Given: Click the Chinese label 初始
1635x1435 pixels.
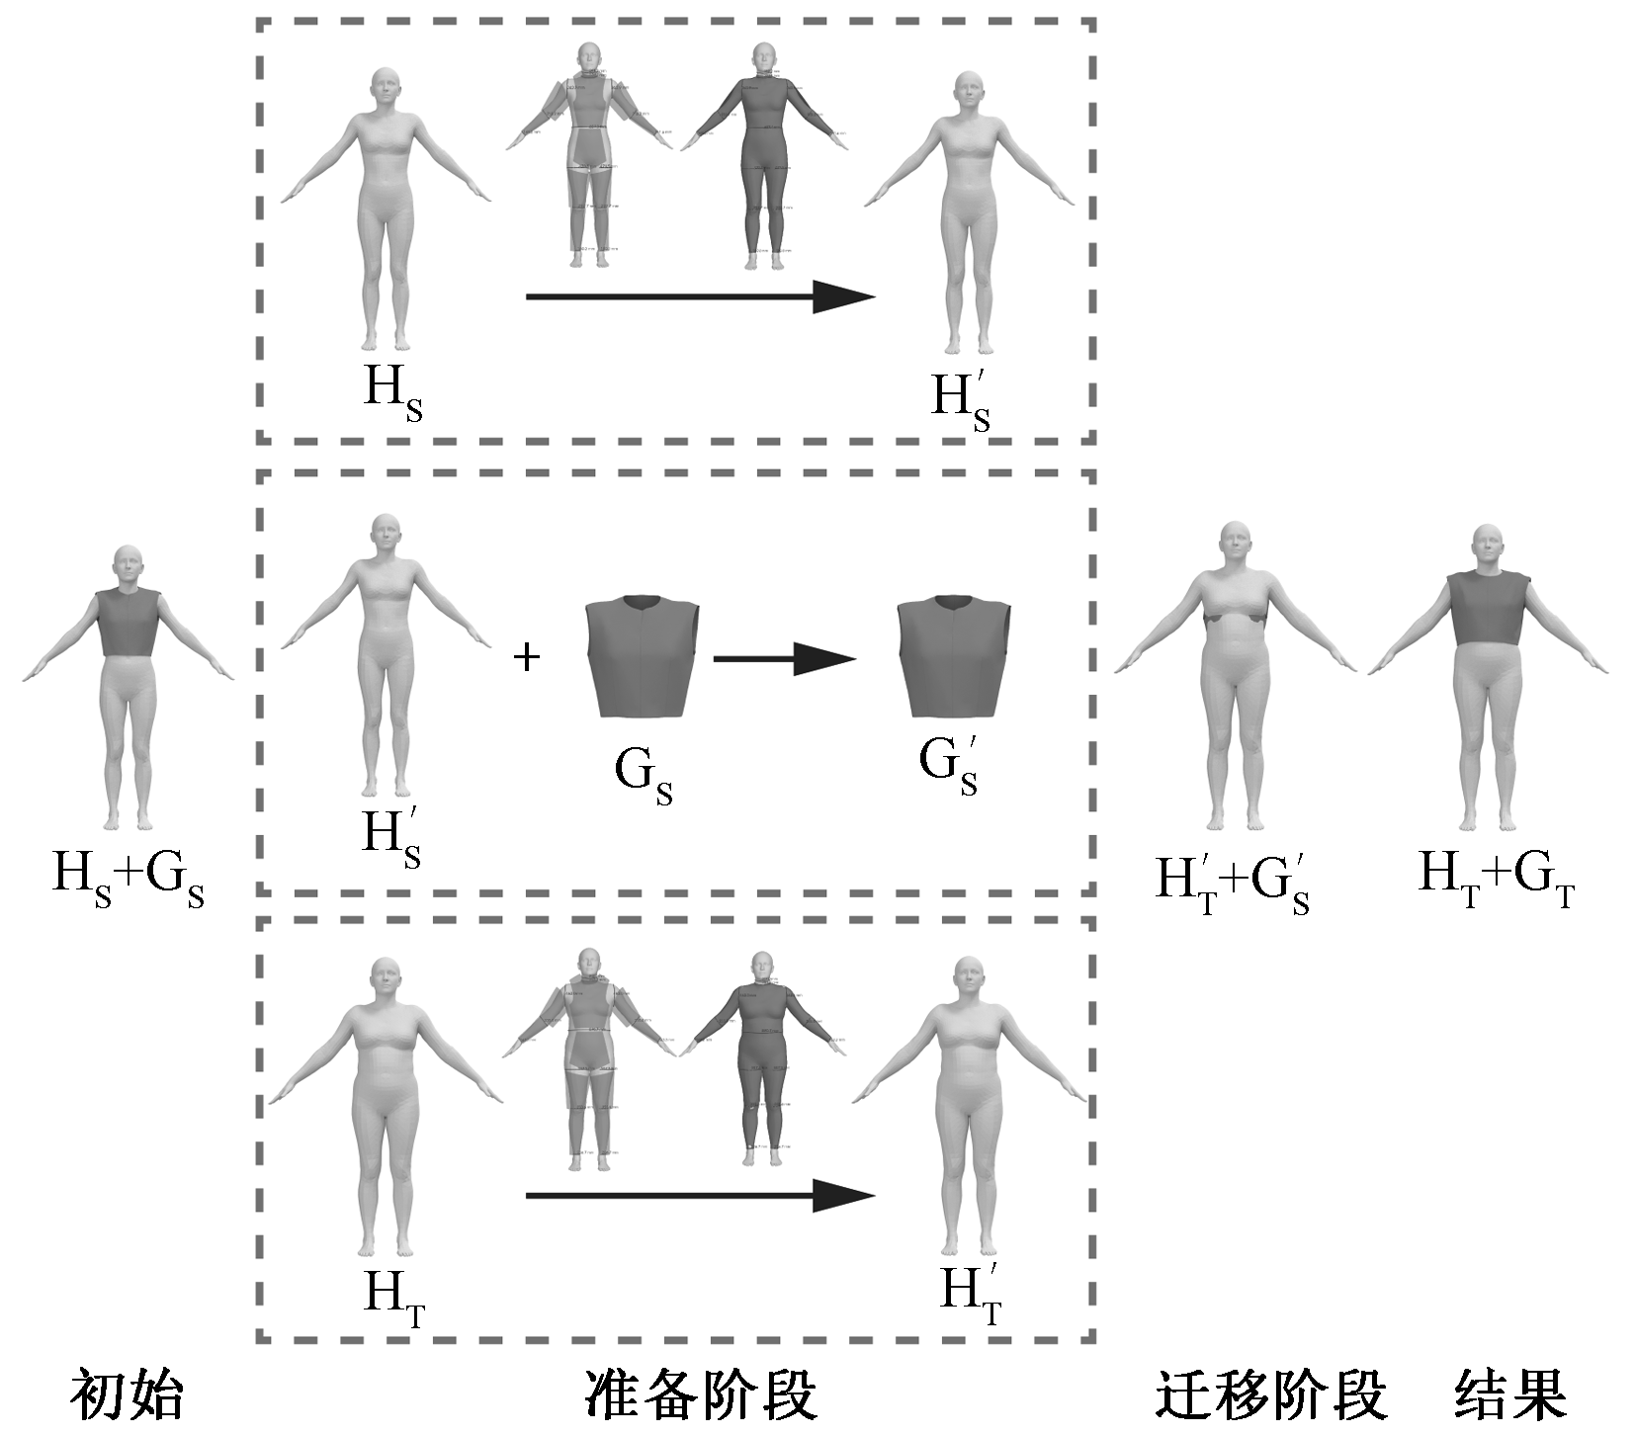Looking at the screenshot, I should pyautogui.click(x=127, y=1394).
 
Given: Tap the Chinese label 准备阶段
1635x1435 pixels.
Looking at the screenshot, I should pyautogui.click(x=701, y=1394).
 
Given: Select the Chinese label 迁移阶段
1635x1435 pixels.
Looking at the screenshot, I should pyautogui.click(x=1271, y=1394).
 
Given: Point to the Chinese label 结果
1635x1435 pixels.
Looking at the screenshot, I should pyautogui.click(x=1510, y=1394).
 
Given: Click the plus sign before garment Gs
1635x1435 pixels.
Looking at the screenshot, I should pyautogui.click(x=528, y=657).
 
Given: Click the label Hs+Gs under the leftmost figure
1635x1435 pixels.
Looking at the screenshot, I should pyautogui.click(x=129, y=878).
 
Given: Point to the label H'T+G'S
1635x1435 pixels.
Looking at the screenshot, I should pyautogui.click(x=1233, y=883).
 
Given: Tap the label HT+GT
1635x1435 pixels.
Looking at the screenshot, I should pyautogui.click(x=1496, y=878).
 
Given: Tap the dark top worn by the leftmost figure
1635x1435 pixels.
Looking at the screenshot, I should pyautogui.click(x=128, y=623).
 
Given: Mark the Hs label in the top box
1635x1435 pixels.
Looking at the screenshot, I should pyautogui.click(x=392, y=391).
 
